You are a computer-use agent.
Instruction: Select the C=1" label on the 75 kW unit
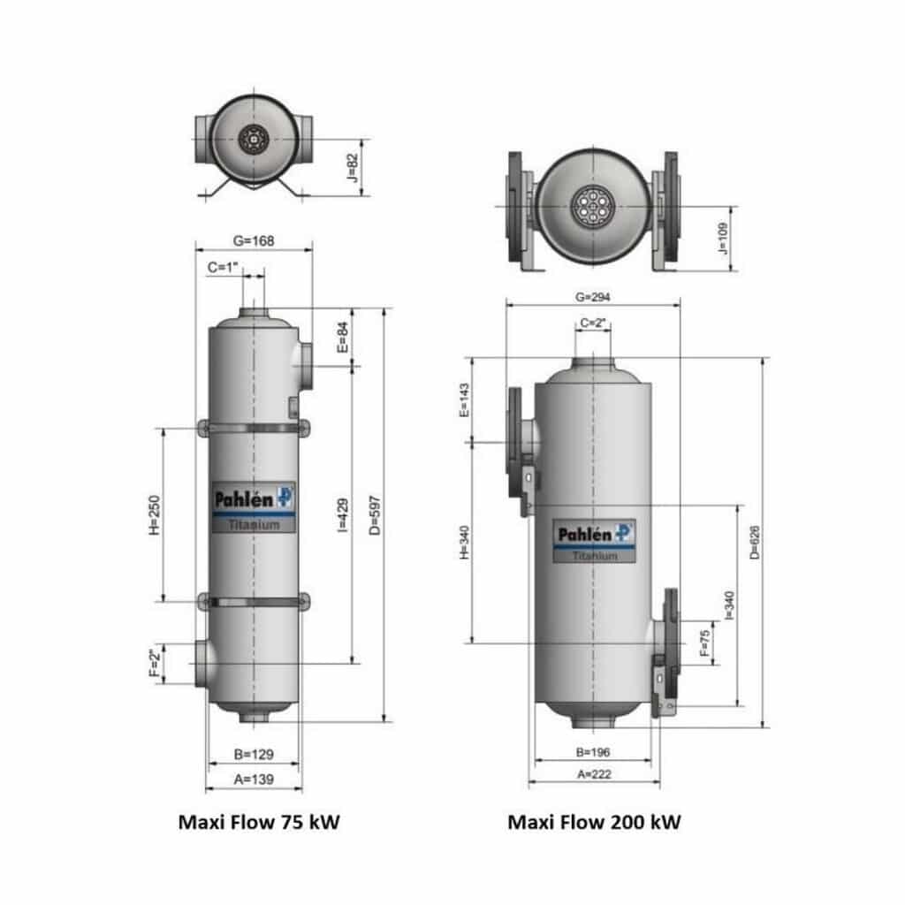(224, 266)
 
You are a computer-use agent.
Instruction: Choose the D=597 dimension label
(374, 513)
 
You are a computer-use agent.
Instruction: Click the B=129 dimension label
(253, 755)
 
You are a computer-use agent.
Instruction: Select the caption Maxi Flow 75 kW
(259, 822)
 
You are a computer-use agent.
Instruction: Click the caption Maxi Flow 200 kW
(594, 822)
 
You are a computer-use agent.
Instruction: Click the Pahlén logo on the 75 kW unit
(253, 498)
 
